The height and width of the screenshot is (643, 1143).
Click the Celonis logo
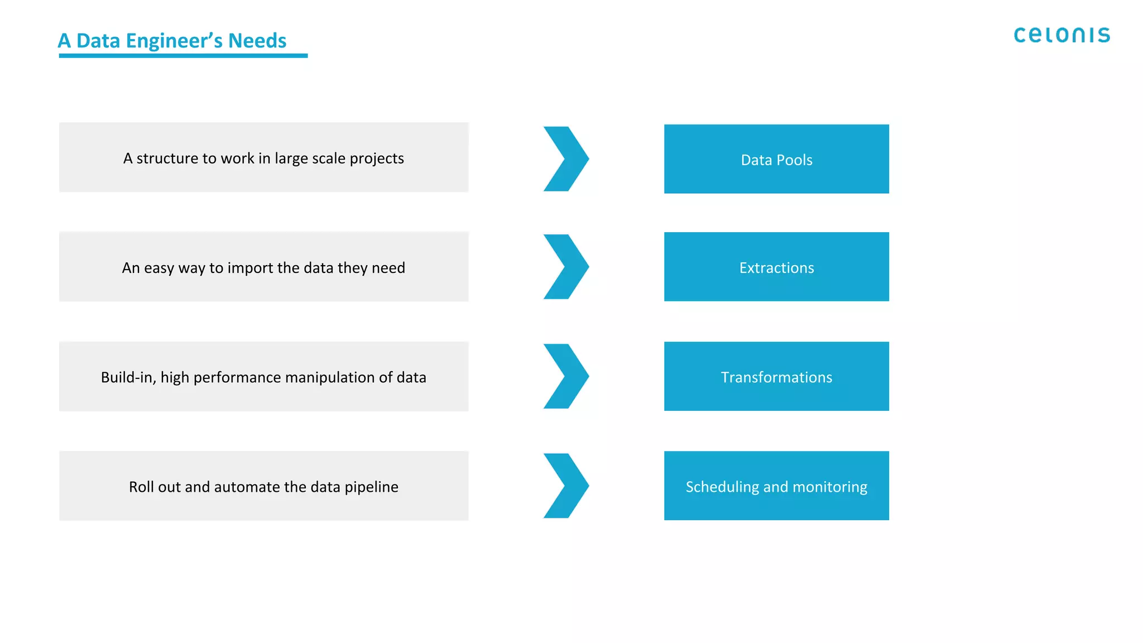click(1062, 35)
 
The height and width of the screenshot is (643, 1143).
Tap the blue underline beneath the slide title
click(183, 56)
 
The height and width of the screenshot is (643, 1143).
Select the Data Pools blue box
click(776, 159)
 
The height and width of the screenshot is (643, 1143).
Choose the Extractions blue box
click(776, 267)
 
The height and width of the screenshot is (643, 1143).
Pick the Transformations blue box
click(776, 377)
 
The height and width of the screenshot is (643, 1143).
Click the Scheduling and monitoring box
click(776, 486)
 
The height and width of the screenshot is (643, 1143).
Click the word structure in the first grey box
click(167, 159)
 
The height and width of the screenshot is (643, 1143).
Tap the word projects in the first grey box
click(377, 159)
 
